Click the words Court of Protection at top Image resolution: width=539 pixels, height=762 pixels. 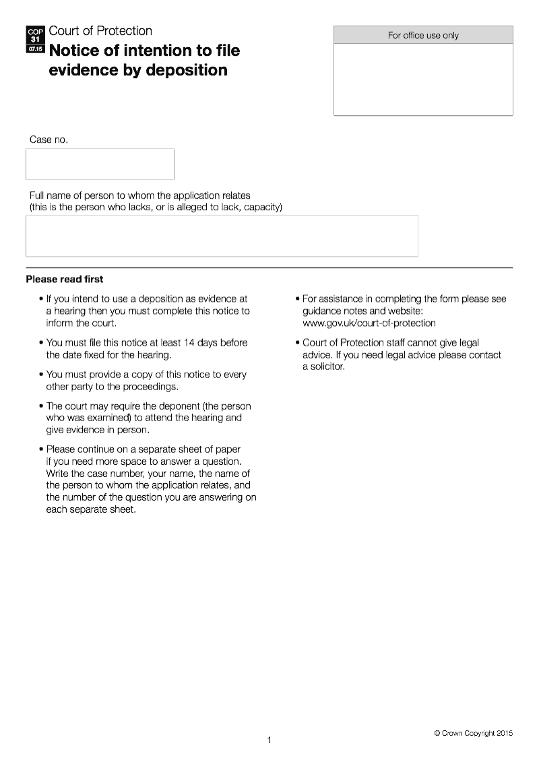tap(100, 31)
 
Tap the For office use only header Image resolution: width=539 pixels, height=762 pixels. tap(423, 35)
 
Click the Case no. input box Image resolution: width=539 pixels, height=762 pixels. tap(100, 164)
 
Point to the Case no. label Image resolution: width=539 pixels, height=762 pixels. tap(49, 139)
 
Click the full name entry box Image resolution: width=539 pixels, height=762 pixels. tap(222, 236)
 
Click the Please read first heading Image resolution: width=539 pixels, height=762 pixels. tap(65, 279)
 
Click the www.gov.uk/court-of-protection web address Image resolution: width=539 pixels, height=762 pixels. tap(369, 323)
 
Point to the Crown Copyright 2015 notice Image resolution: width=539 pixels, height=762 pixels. tap(473, 733)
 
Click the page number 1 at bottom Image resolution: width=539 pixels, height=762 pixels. tap(269, 740)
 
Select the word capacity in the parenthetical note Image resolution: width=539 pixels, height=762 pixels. tap(261, 207)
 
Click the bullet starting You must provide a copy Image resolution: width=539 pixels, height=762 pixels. tap(146, 381)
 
